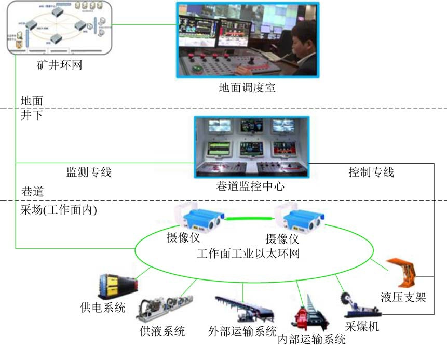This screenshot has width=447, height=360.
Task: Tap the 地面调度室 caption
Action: click(247, 88)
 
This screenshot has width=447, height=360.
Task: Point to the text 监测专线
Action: click(89, 172)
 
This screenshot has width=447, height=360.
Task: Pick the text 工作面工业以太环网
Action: click(248, 254)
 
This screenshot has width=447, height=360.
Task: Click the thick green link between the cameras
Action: click(251, 219)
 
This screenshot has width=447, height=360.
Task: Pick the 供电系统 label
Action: click(103, 308)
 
